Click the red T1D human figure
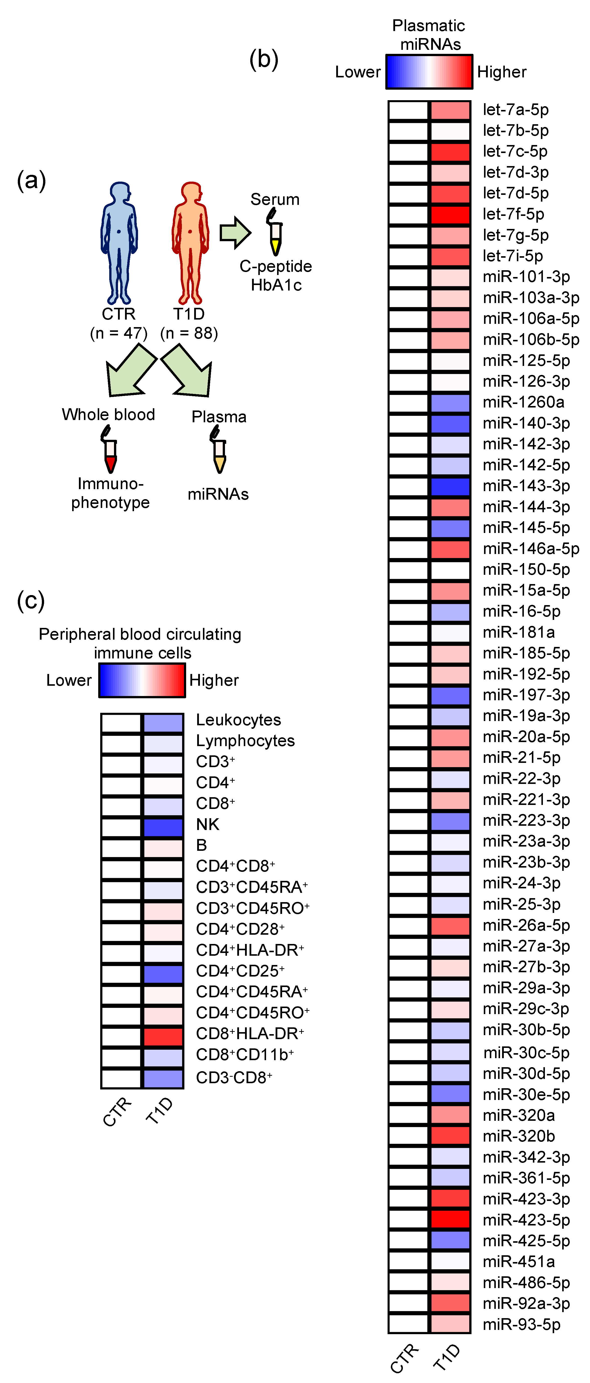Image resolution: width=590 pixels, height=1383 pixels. coord(190,242)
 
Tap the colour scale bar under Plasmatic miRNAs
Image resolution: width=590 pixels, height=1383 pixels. coord(429,71)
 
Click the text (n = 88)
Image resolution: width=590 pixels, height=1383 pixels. coord(189,333)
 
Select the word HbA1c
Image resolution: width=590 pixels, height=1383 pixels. coord(276,285)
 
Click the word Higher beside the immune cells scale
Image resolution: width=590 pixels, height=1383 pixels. coord(214,680)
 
